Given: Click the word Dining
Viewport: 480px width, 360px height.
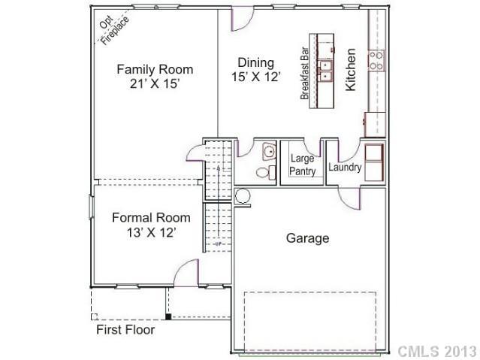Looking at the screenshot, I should [255, 62].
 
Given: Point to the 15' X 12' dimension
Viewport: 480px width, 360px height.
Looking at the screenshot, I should [255, 77].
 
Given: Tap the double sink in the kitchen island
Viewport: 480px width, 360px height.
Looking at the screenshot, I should [326, 70].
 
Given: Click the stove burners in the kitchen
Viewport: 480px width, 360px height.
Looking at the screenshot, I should [376, 60].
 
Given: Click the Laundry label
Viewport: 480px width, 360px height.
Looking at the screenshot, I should [345, 167].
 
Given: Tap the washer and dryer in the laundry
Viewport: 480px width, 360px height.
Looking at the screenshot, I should [374, 159].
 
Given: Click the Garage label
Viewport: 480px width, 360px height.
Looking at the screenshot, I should [307, 238].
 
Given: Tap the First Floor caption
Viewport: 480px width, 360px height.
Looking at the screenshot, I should [125, 330].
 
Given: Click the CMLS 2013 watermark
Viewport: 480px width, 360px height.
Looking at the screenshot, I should [436, 351].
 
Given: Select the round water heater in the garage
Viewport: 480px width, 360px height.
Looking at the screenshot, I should [243, 196].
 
